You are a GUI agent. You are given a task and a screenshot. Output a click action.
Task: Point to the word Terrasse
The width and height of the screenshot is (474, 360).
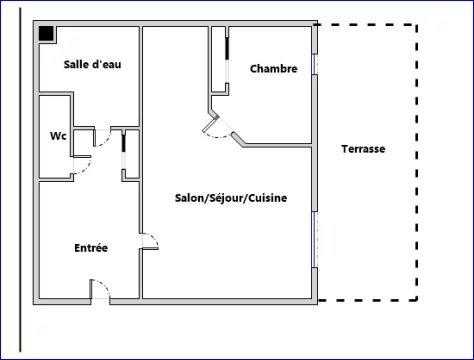[x=363, y=149]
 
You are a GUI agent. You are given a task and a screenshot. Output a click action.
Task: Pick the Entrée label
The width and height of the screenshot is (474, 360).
[x=91, y=248]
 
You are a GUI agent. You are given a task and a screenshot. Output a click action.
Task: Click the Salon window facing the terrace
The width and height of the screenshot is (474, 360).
[x=317, y=240]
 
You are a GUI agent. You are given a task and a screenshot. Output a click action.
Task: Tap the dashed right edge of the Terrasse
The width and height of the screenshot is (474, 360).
[x=418, y=160]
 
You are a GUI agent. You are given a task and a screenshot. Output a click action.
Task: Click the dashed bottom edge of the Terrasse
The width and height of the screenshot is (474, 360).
[x=370, y=299]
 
